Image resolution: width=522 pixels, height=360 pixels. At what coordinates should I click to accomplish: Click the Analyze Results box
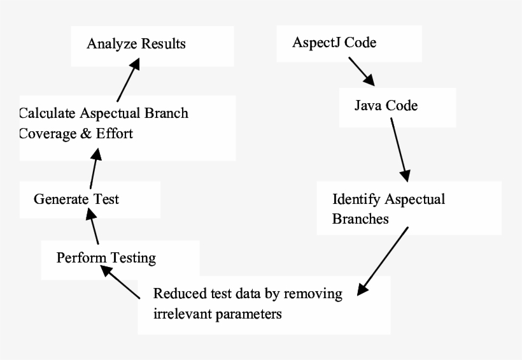click(x=136, y=44)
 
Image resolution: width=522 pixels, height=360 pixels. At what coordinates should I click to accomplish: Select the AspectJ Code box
click(x=334, y=43)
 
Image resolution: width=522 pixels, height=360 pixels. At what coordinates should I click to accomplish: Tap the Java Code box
click(x=386, y=105)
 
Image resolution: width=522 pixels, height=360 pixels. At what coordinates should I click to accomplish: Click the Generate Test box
click(x=76, y=199)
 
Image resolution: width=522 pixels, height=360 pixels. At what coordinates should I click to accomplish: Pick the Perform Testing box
click(x=106, y=258)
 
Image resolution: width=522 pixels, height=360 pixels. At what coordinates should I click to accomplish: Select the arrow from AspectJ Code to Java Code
click(x=361, y=71)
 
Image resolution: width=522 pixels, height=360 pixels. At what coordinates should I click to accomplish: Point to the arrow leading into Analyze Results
click(x=127, y=79)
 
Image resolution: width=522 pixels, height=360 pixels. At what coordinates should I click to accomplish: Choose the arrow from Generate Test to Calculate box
click(x=94, y=165)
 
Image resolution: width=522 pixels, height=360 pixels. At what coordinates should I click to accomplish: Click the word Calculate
click(x=48, y=113)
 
